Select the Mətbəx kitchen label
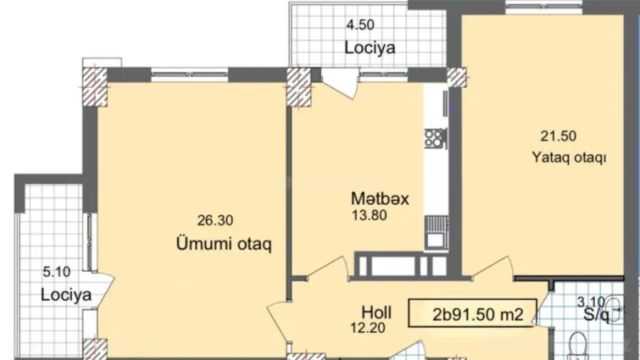click(379, 199)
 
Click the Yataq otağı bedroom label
click(568, 158)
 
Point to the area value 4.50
click(360, 23)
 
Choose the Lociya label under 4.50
click(370, 47)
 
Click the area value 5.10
click(57, 271)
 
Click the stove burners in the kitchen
click(435, 138)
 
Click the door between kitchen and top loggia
click(339, 83)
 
